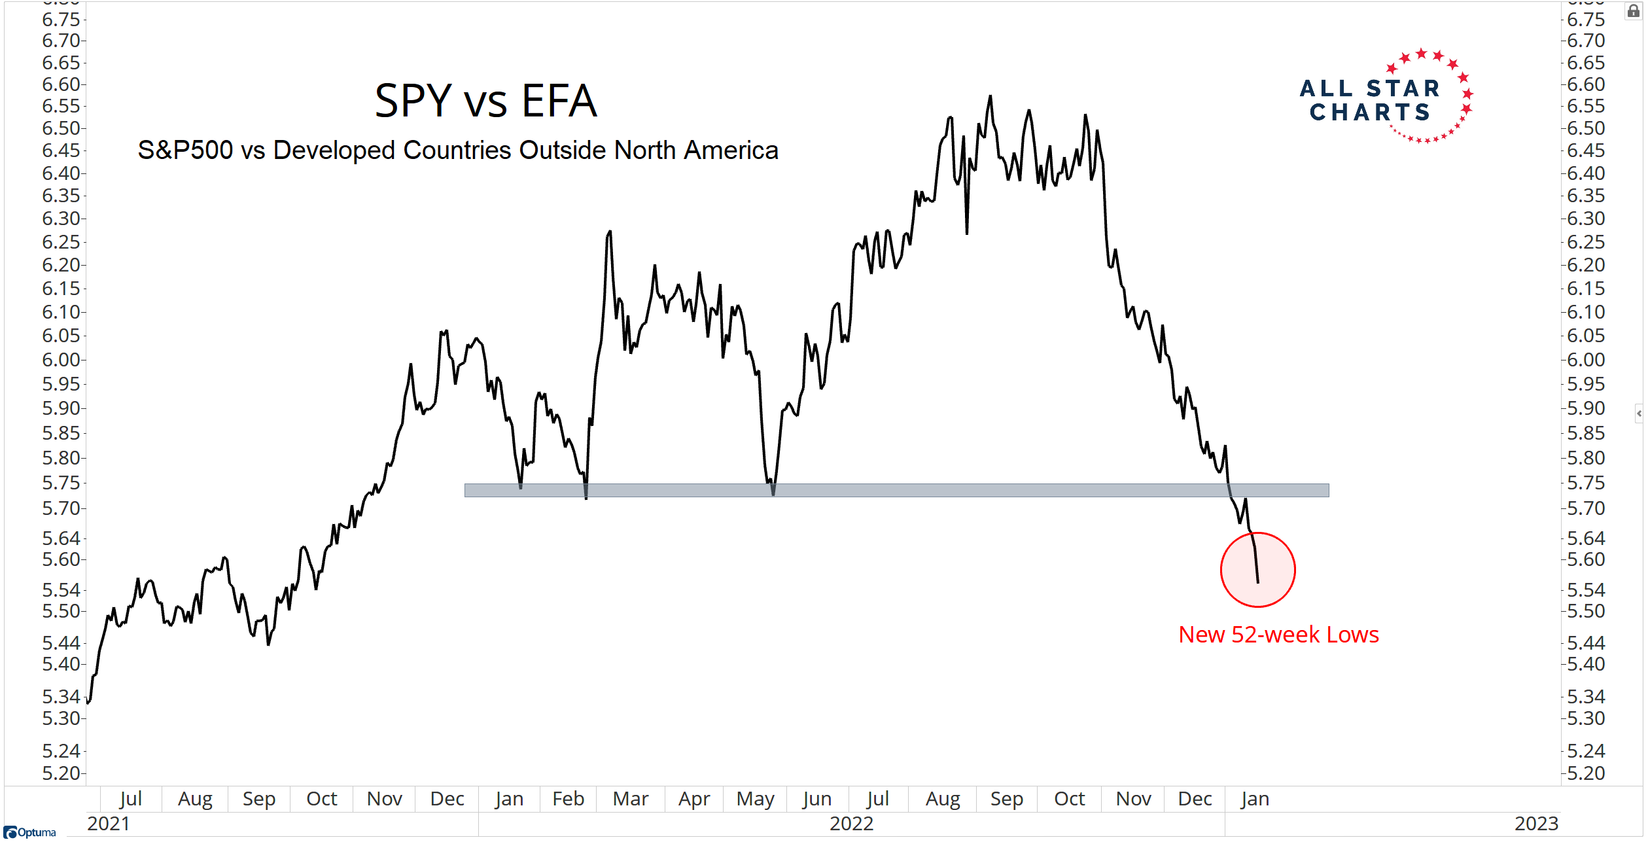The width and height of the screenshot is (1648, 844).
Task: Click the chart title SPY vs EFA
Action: pos(485,101)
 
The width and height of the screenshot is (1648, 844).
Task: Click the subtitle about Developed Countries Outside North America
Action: pos(458,150)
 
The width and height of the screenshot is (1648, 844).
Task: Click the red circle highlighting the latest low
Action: pos(1257,570)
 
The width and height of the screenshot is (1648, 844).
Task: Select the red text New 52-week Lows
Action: pos(1278,635)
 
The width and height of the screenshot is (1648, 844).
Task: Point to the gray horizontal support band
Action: pos(896,490)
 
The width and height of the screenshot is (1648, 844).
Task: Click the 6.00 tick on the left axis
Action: pos(61,360)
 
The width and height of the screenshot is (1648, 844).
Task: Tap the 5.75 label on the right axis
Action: pos(1586,483)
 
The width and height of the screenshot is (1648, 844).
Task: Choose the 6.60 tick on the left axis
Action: pos(61,84)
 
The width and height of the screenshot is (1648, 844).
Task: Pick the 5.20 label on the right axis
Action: pos(1586,773)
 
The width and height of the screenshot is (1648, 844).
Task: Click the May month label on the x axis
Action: pos(755,799)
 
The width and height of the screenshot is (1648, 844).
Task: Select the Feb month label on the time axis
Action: pos(568,799)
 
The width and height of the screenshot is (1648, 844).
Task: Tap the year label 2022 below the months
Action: pos(851,824)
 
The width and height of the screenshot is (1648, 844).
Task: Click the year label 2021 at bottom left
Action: pos(109,824)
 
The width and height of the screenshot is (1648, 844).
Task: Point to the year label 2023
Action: pos(1536,824)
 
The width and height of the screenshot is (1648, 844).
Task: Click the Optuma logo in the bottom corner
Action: pos(30,832)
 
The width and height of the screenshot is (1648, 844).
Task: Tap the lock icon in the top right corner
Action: pos(1633,11)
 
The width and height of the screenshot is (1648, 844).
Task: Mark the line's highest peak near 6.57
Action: pos(991,97)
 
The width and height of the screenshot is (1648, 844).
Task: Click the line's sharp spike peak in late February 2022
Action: pos(610,232)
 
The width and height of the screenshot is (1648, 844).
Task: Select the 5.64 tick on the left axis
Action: pos(61,538)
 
